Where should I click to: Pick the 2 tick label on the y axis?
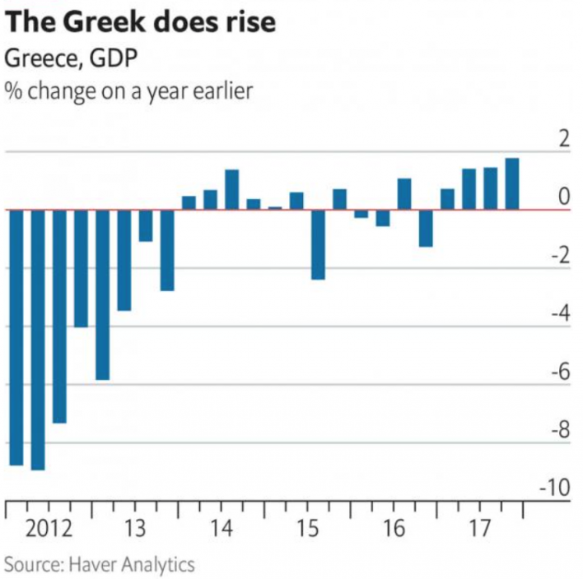click(x=564, y=138)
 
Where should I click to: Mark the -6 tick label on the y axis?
click(x=560, y=371)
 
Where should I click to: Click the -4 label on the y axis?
click(x=560, y=313)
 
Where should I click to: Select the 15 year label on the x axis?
click(x=307, y=527)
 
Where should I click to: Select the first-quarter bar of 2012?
click(x=16, y=337)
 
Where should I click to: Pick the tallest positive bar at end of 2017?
click(x=512, y=183)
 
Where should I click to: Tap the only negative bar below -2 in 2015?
click(x=318, y=244)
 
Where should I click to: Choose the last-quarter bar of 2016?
click(x=426, y=228)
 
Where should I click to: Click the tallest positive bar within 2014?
click(x=232, y=189)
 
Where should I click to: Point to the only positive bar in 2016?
click(x=404, y=193)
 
